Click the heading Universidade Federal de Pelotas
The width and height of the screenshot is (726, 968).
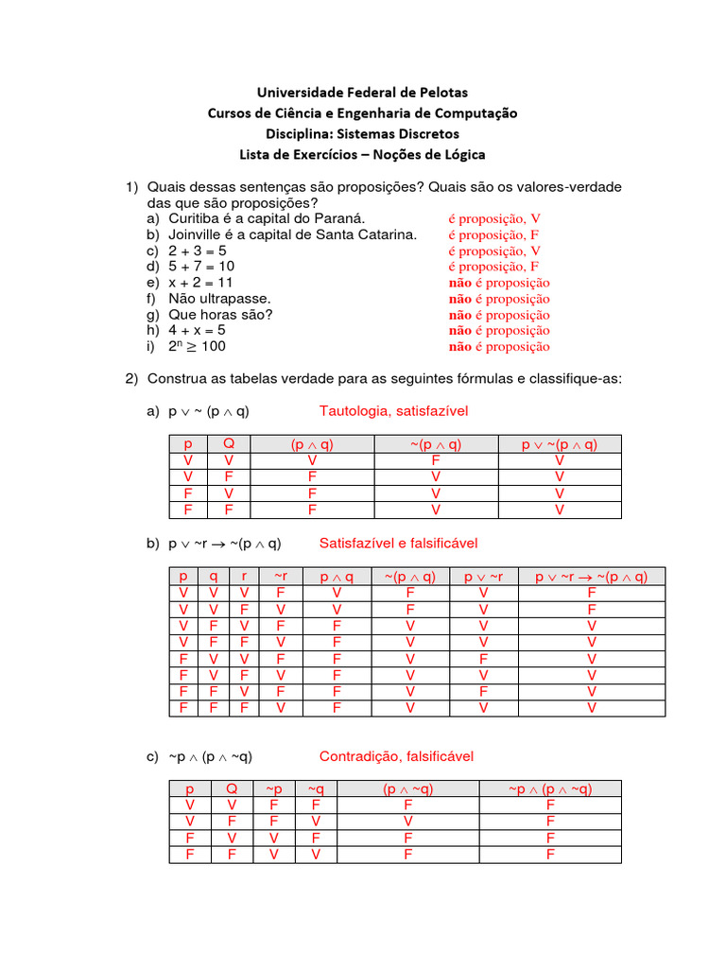(x=363, y=92)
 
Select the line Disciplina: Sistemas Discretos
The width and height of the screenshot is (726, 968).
(x=363, y=133)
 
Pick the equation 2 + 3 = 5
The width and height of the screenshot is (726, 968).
(x=198, y=251)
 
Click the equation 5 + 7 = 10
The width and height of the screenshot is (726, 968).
(x=201, y=267)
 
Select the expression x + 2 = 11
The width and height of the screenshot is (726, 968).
(x=200, y=283)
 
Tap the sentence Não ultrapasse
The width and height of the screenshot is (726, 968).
(x=219, y=299)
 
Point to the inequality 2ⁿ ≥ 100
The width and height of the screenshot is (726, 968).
(x=198, y=346)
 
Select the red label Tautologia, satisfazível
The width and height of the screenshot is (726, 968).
(x=393, y=411)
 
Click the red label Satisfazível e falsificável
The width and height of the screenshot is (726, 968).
(x=398, y=544)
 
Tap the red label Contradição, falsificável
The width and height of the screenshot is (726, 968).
(x=396, y=757)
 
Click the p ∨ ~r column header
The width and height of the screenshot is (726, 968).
(x=483, y=577)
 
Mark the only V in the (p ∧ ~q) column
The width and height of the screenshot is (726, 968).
(x=407, y=821)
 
